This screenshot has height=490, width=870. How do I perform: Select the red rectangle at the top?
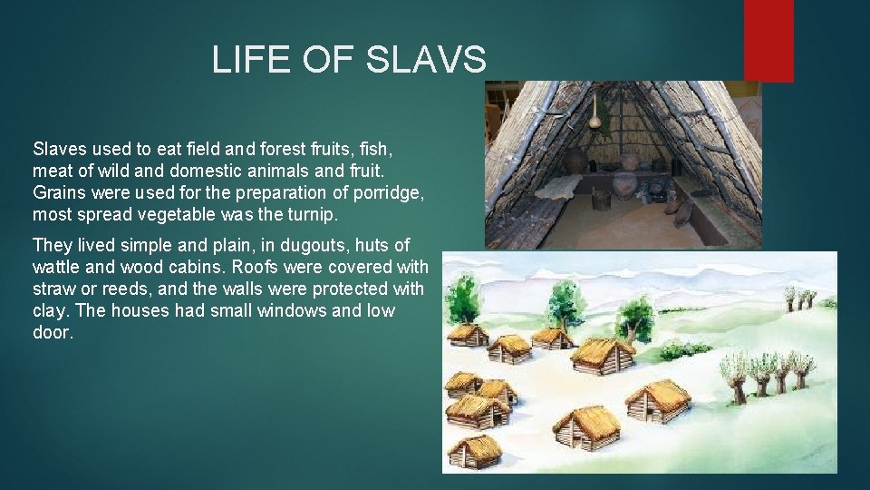click(x=768, y=40)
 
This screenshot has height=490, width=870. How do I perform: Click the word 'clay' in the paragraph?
click(x=48, y=311)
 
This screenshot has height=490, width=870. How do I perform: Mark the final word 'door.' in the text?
click(x=53, y=333)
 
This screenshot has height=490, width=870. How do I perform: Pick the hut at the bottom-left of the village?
click(x=473, y=451)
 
